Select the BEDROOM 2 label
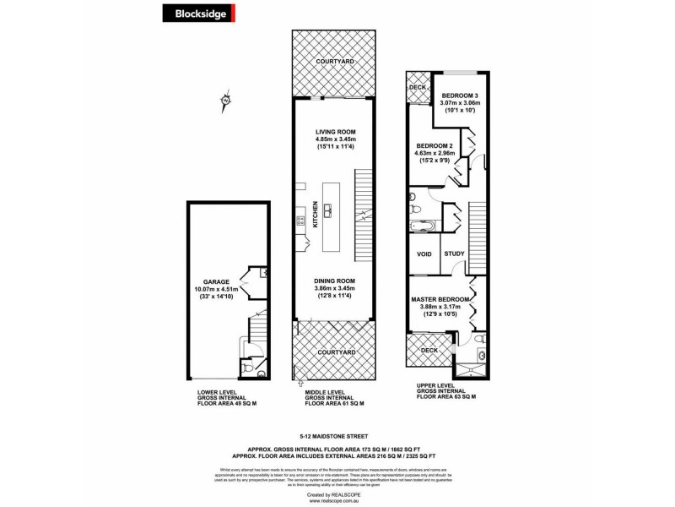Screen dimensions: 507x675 click(435, 146)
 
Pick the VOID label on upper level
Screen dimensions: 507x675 click(424, 253)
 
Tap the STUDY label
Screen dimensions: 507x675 click(454, 253)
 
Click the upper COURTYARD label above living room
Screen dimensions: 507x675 click(333, 63)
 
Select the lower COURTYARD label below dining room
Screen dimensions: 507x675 click(333, 352)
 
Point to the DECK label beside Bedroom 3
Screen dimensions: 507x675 click(417, 87)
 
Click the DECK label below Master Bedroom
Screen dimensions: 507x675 click(429, 350)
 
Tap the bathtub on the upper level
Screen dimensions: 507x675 click(418, 226)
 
